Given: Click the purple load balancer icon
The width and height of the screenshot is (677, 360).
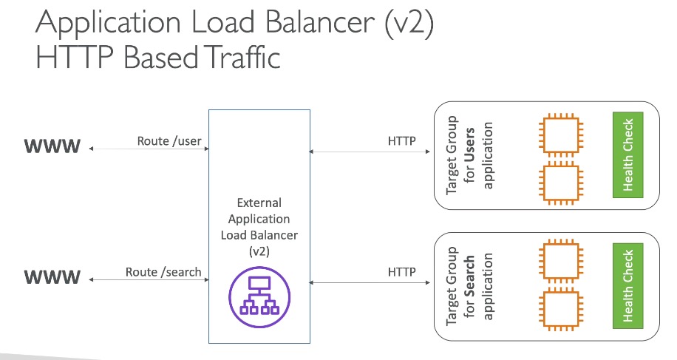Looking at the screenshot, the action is [x=259, y=297].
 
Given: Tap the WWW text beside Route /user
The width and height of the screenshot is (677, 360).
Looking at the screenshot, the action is [x=52, y=146].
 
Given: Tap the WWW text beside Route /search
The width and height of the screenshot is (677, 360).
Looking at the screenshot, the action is [x=52, y=276].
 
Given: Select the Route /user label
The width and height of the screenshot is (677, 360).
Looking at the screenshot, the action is [x=169, y=141].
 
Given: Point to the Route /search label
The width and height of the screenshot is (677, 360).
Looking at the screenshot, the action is [x=163, y=272].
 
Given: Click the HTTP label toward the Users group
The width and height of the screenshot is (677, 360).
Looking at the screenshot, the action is [x=401, y=141].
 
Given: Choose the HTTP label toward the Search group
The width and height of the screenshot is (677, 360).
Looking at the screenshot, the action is [x=401, y=272].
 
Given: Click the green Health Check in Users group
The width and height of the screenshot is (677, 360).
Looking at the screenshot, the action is [x=627, y=155].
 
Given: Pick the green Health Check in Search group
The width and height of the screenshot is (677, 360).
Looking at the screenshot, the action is [x=627, y=286].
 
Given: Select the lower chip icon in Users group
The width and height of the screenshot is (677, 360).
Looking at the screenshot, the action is [x=561, y=183].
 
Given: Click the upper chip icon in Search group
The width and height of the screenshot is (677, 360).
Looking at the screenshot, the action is [x=561, y=261].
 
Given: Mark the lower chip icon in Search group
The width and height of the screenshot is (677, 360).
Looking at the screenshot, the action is [x=561, y=310].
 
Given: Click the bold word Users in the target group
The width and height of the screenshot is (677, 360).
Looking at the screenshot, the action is [x=469, y=145].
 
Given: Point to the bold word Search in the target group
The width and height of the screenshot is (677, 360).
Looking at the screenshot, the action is [x=469, y=276].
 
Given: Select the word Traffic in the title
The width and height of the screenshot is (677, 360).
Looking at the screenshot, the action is [x=242, y=57].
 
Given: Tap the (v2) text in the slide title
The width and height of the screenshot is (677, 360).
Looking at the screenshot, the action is [x=409, y=23].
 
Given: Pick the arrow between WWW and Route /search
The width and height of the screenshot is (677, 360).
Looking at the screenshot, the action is [x=149, y=279].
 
